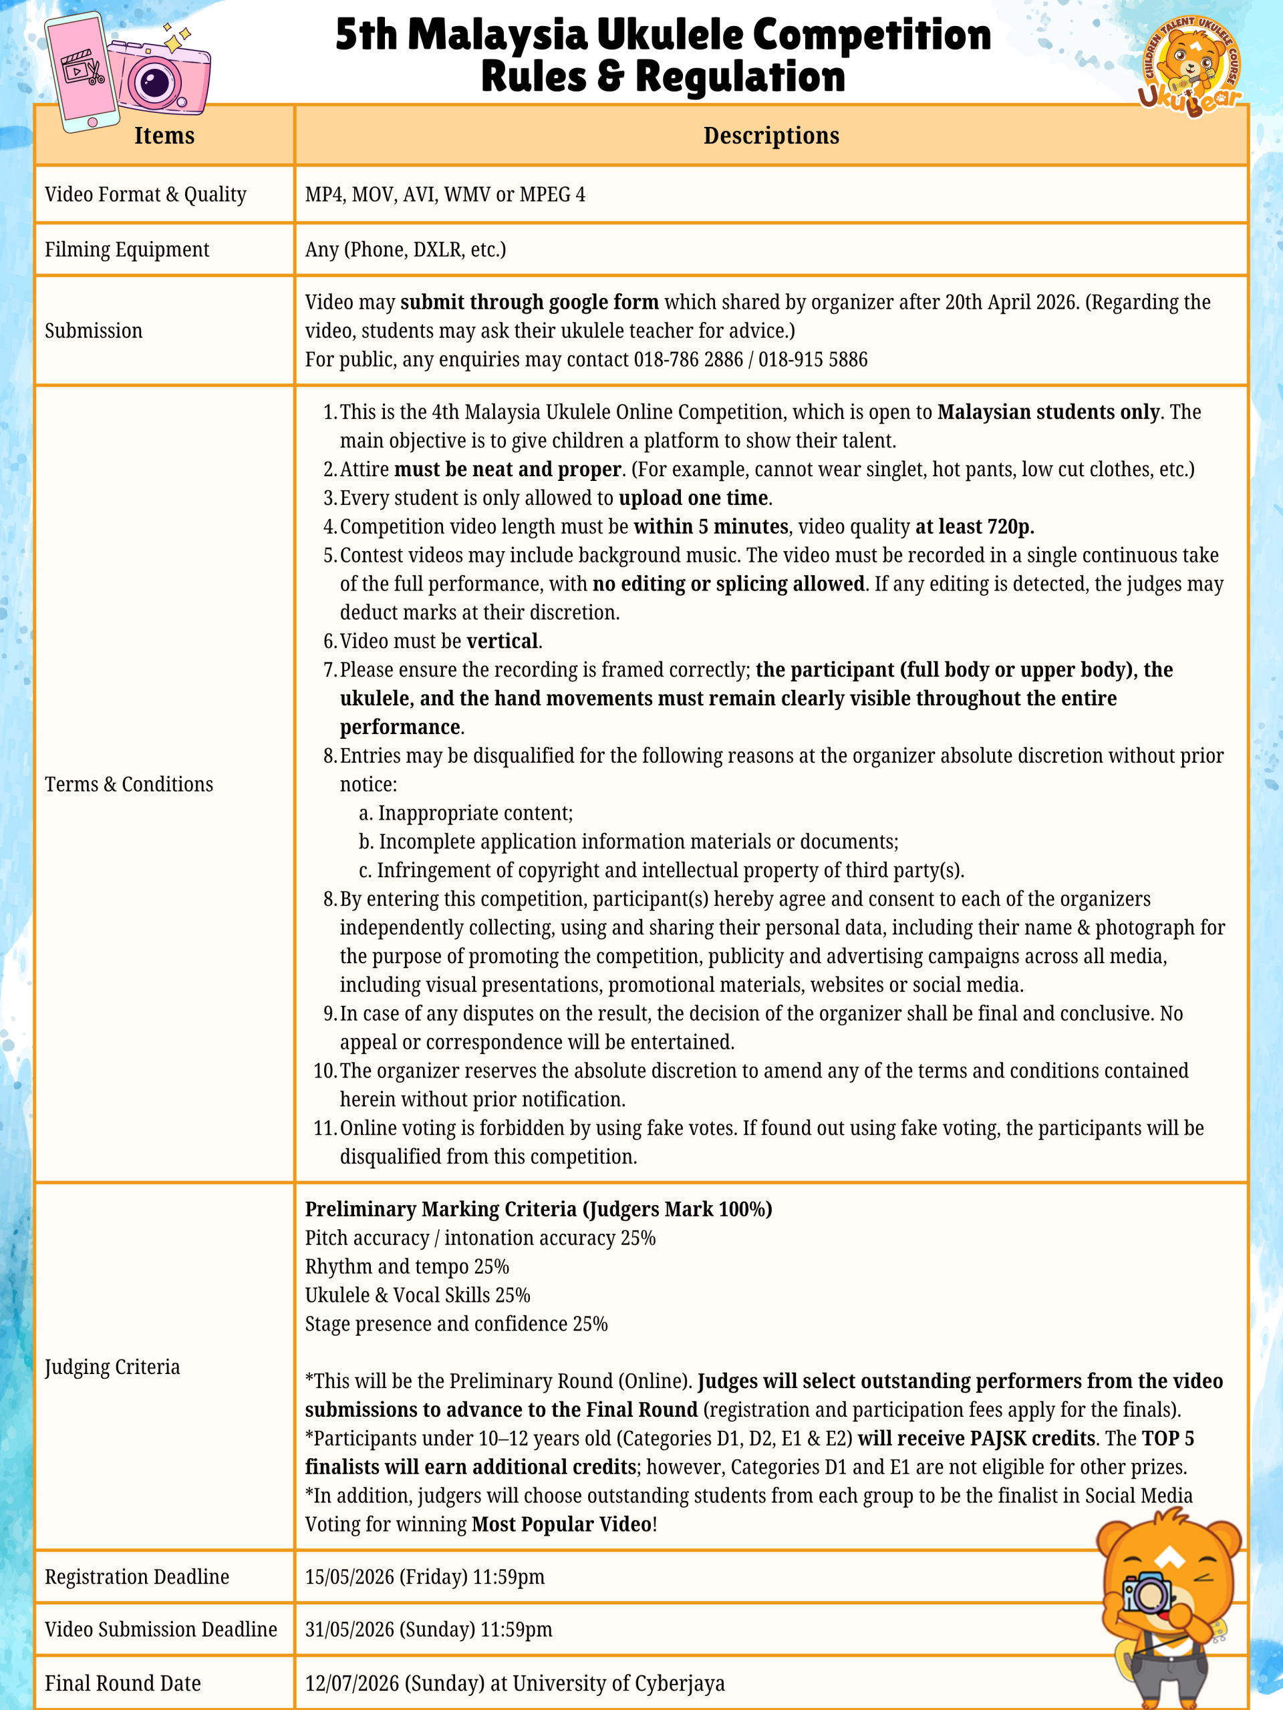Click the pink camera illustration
[158, 77]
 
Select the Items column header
[164, 136]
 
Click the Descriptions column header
[771, 136]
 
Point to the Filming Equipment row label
[127, 250]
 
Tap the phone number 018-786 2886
[688, 359]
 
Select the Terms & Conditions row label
[128, 784]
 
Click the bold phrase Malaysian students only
[1048, 412]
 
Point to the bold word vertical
[502, 641]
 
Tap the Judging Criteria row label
[112, 1367]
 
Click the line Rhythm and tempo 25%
[407, 1267]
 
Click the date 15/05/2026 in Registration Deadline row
[349, 1577]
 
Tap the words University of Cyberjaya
[619, 1683]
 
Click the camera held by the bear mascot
[1146, 1592]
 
